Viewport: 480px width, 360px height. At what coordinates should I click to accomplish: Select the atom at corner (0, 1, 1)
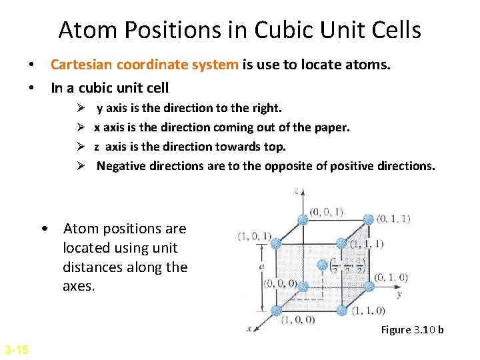[368, 219]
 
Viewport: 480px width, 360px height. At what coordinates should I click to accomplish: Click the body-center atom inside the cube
[322, 265]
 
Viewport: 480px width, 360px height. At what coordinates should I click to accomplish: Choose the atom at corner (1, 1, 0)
[342, 310]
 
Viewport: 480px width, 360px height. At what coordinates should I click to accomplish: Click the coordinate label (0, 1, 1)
[393, 219]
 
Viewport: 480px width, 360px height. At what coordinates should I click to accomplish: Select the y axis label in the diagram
[399, 293]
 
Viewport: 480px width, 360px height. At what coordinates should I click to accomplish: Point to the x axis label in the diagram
[249, 328]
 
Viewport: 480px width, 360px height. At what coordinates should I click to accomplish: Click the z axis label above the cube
[296, 191]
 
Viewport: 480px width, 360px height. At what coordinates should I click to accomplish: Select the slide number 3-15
[16, 349]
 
